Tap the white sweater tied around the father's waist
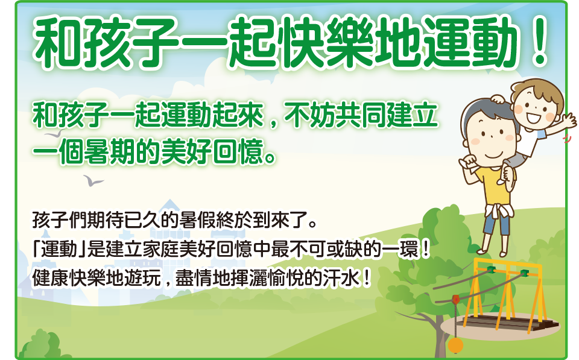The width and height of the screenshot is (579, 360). [x=499, y=212]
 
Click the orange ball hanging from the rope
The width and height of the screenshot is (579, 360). [x=456, y=346]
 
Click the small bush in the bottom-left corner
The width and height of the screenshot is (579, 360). [x=40, y=346]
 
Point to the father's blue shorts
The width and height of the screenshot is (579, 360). [x=497, y=223]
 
